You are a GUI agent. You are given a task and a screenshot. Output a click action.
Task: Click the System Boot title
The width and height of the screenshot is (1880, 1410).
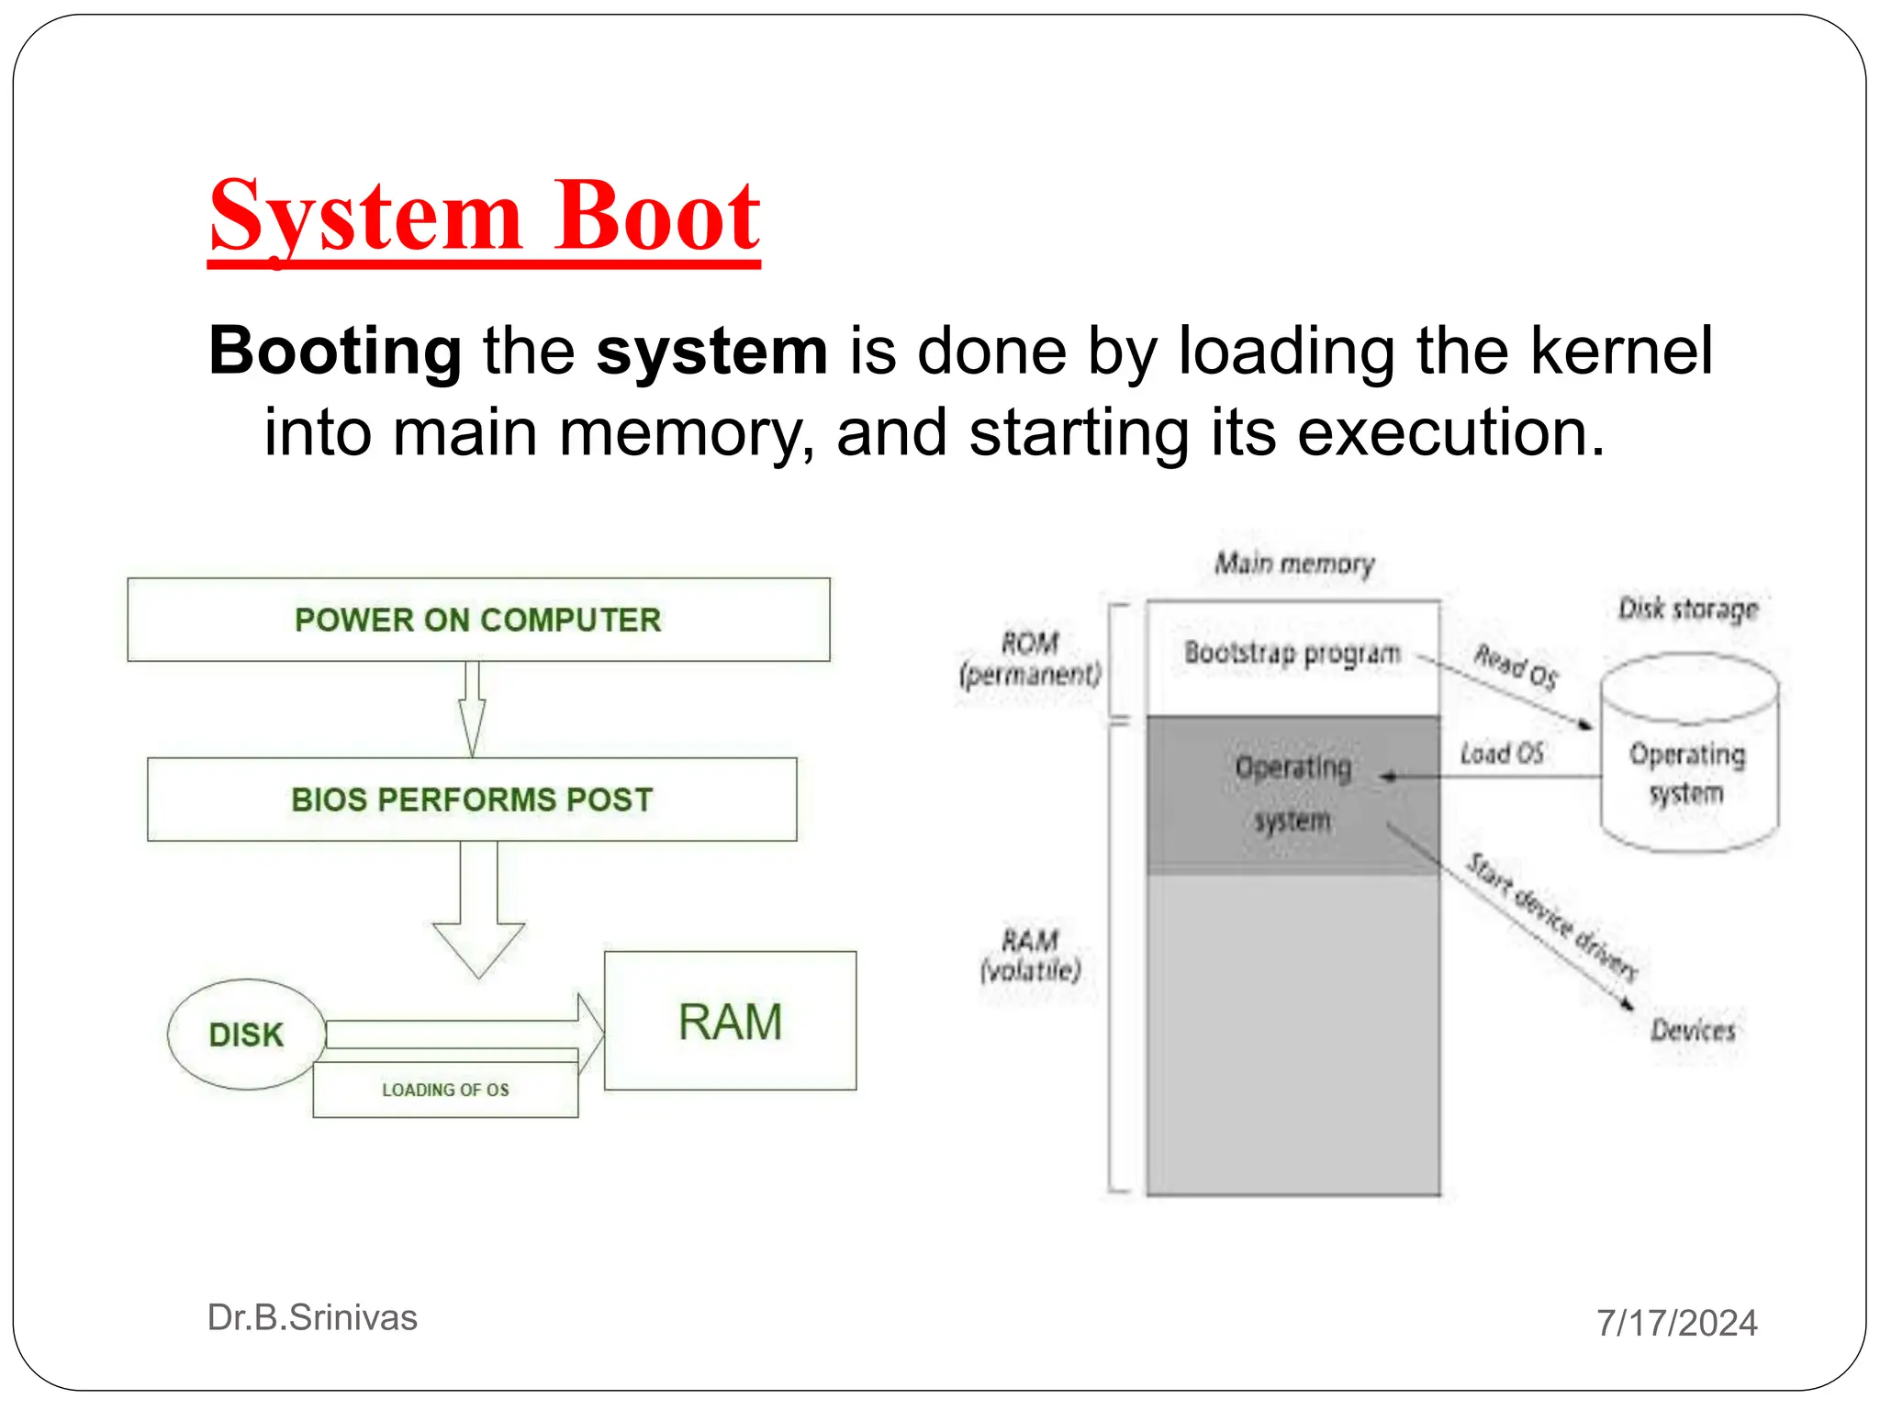coord(484,217)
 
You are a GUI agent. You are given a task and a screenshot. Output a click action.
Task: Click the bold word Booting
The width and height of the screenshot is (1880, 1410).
coord(335,351)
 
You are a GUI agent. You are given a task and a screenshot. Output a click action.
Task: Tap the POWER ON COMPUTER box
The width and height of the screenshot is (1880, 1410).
coord(478,620)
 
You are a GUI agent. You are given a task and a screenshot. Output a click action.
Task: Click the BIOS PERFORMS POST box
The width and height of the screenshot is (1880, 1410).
coord(472,800)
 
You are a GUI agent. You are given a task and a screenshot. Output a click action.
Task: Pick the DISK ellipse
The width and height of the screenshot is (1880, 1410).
coord(246,1035)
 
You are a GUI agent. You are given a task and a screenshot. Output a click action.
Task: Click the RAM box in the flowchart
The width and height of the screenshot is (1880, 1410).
coord(730,1022)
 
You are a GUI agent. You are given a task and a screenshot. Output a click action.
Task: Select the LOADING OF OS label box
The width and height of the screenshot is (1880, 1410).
coord(445,1090)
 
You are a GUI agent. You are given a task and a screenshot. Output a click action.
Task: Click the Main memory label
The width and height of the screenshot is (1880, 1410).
coord(1294,563)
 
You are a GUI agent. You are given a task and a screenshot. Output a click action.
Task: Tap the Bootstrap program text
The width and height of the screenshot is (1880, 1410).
coord(1292,653)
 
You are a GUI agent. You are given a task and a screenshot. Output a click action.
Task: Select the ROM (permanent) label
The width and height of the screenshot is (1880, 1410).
coord(1029,659)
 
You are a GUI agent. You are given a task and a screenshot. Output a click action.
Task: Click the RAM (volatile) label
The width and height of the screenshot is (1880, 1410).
coord(1030,955)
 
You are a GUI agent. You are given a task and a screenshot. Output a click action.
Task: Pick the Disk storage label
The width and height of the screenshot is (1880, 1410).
coord(1687,609)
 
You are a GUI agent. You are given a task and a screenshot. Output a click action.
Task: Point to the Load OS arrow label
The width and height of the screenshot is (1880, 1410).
coord(1502,754)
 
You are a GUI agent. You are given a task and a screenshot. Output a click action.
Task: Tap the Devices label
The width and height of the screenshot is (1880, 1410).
coord(1693,1030)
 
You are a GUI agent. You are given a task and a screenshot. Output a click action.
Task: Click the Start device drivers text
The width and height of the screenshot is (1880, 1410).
coord(1552,916)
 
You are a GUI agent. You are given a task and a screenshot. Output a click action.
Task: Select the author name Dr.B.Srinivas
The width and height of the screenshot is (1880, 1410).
coord(312,1317)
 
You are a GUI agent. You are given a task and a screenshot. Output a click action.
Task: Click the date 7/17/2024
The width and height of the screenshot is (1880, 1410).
coord(1676,1323)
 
